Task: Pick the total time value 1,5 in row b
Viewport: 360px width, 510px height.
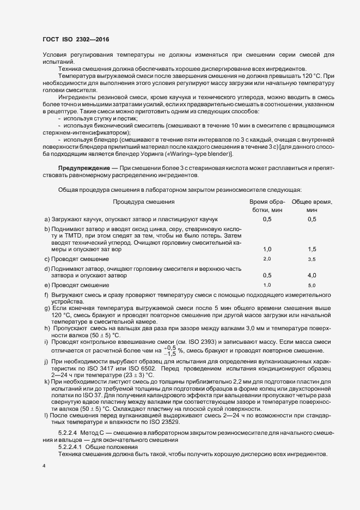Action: (x=312, y=248)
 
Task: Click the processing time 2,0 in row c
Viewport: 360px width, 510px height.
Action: (x=267, y=258)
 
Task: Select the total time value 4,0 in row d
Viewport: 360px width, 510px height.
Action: (x=312, y=276)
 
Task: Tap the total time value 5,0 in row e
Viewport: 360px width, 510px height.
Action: (x=312, y=286)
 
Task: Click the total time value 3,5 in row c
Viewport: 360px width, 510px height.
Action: (x=312, y=258)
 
